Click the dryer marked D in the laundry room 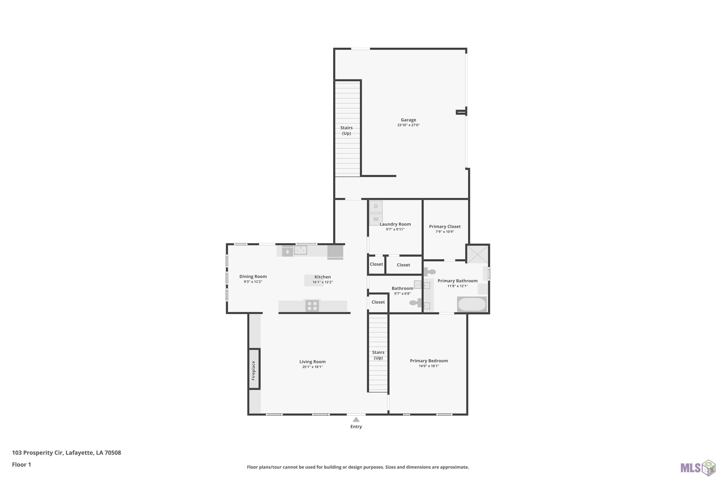click(x=376, y=207)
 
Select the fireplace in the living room click(x=254, y=369)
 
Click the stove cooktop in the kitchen click(x=312, y=306)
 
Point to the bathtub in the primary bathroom click(x=472, y=304)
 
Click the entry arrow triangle click(x=356, y=420)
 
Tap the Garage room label click(x=408, y=120)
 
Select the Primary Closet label click(x=445, y=226)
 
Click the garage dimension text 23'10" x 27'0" click(x=408, y=125)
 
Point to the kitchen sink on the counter click(x=300, y=250)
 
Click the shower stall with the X click(x=477, y=254)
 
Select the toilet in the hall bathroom click(x=415, y=303)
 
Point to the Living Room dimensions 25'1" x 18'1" click(x=312, y=367)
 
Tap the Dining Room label click(x=253, y=276)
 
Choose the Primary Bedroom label click(x=429, y=361)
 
